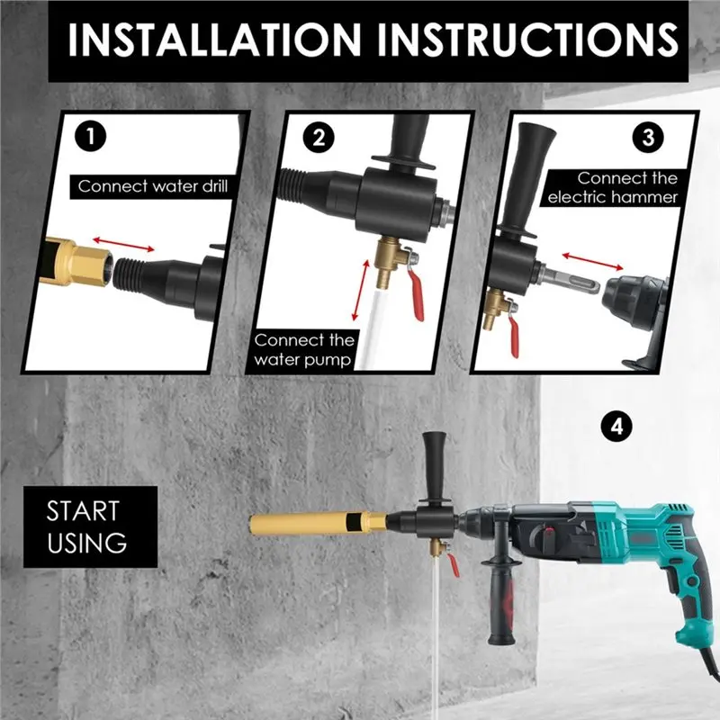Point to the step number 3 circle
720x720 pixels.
click(649, 137)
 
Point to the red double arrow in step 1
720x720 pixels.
click(123, 242)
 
